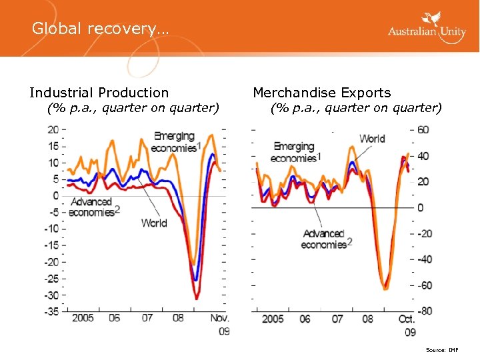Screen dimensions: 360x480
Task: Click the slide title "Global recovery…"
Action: [100, 29]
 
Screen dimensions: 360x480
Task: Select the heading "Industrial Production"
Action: [99, 93]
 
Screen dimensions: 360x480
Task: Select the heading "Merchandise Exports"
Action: [321, 93]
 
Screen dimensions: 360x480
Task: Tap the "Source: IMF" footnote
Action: [442, 349]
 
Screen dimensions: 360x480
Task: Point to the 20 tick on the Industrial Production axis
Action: [52, 129]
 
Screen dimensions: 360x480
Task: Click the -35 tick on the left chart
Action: [50, 311]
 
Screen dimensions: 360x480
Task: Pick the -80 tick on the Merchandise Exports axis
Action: [425, 311]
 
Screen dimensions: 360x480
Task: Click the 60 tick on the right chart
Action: [423, 129]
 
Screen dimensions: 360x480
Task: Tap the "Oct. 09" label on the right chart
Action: [407, 325]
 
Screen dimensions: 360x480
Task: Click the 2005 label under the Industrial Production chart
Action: [82, 319]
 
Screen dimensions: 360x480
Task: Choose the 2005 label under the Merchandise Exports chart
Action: [273, 319]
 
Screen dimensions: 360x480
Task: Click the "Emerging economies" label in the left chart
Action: [175, 142]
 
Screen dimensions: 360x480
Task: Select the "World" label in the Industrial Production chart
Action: [154, 223]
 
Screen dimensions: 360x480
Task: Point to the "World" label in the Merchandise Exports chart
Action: [372, 139]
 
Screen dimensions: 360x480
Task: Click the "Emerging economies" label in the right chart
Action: [295, 152]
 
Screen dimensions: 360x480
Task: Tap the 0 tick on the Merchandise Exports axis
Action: [420, 207]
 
